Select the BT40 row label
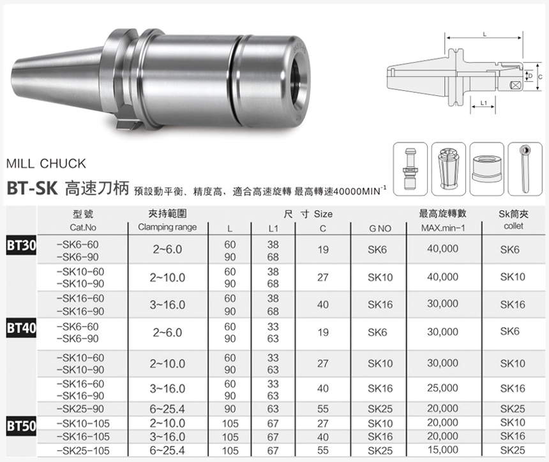(20, 328)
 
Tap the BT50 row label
(20, 424)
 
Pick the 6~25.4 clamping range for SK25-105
(167, 450)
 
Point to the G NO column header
(379, 228)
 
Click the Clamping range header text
(167, 227)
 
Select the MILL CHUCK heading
(45, 164)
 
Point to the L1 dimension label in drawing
(483, 102)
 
